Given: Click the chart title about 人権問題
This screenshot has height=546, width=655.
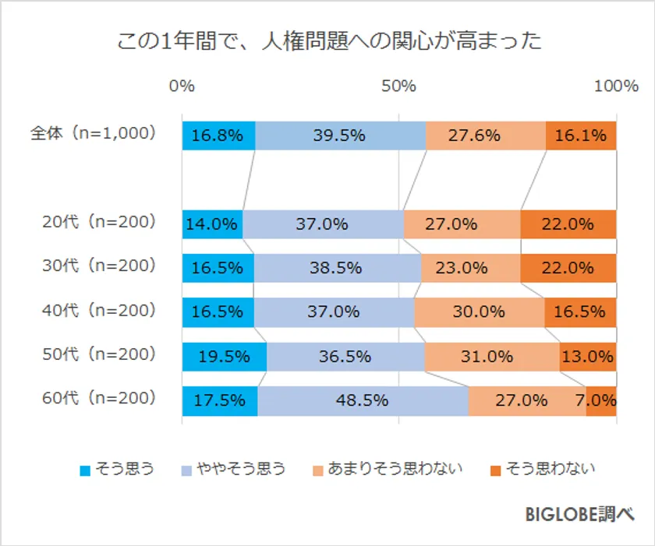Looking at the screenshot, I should pos(328,41).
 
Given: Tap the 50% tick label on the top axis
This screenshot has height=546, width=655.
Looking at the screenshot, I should pos(398,86).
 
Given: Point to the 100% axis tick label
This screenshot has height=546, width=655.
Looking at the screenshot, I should pos(616,86).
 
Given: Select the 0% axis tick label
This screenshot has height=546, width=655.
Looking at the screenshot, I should pos(182,86).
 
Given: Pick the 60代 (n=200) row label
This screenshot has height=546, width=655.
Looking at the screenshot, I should pos(99,399).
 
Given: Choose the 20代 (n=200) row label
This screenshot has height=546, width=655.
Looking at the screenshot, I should pos(99,222).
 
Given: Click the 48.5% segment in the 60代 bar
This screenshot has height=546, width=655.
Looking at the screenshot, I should pos(363,401).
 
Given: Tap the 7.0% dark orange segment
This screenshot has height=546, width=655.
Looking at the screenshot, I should pos(601,401).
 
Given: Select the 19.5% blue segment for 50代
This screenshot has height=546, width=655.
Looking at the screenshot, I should pos(225,357).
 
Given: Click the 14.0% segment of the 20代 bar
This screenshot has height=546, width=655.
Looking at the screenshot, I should pos(212,224).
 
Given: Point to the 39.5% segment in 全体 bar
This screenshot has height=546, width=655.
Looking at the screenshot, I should pos(340,136).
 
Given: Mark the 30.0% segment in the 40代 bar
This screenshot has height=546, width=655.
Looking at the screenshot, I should pos(479,312).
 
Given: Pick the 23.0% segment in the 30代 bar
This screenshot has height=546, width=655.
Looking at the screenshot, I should pos(470,268).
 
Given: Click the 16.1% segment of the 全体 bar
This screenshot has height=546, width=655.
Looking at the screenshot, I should pos(581,136).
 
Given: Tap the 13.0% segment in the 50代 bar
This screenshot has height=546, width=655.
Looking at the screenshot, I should pos(587,357).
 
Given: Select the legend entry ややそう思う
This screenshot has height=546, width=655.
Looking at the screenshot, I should pos(234,469).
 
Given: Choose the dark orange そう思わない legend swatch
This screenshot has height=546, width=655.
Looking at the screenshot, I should pos(495,470).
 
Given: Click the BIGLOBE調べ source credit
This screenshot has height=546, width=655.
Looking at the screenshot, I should pos(579,514).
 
